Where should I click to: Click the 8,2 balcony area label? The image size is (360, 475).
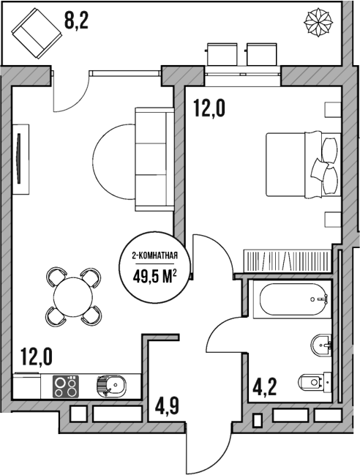(x=78, y=20)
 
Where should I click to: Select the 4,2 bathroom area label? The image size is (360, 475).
(x=266, y=386)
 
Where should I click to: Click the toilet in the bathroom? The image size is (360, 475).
(x=316, y=381)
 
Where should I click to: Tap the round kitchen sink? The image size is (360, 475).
(x=111, y=385)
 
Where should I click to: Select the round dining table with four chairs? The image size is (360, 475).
(x=73, y=296)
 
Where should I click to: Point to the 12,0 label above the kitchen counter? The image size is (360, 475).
(x=36, y=357)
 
